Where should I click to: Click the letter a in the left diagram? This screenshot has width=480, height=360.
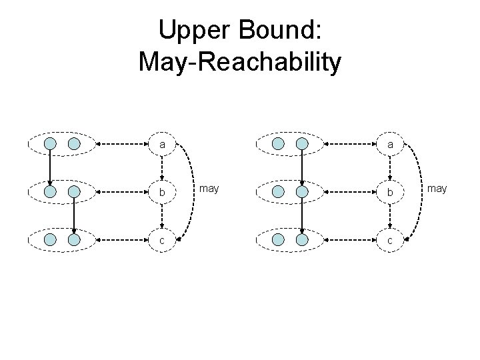coord(163,143)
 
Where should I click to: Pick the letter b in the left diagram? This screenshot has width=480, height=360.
coord(163,191)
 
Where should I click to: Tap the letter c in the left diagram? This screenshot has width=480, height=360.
coord(163,239)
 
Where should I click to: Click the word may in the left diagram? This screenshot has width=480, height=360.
coord(209,189)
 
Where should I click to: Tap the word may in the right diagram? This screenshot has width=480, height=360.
coord(437,189)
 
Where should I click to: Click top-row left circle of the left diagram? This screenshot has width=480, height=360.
coord(50,143)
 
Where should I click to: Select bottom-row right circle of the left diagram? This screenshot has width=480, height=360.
coord(74,239)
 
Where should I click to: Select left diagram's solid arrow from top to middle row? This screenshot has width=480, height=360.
coord(50,167)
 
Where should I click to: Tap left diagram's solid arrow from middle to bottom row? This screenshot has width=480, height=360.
coord(74,215)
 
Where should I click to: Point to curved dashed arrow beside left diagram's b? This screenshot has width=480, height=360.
coord(191,191)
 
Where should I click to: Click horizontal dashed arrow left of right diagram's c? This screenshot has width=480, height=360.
coord(353,239)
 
